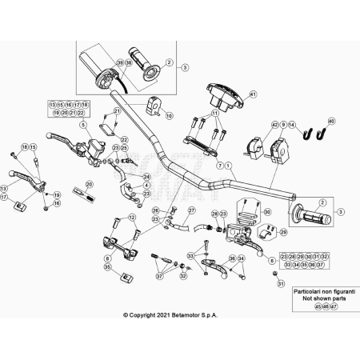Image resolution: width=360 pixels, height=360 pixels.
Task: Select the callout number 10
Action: tap(169, 115)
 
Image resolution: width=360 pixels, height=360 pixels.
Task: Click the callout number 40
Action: tap(332, 121)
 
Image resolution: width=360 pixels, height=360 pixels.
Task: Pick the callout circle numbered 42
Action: tap(274, 125)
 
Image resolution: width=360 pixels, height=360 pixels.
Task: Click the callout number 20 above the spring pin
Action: tap(89, 184)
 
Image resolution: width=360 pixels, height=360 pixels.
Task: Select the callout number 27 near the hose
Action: tap(192, 210)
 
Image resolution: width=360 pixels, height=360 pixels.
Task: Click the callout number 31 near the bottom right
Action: tap(280, 283)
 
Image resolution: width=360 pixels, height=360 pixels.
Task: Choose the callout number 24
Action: tap(146, 177)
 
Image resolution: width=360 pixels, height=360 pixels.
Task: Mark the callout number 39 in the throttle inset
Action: tap(119, 62)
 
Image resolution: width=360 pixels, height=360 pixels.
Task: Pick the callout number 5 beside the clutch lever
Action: tap(82, 126)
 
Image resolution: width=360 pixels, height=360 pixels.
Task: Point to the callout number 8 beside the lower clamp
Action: tap(106, 259)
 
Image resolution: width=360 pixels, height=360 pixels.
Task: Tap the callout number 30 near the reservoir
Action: tap(267, 212)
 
